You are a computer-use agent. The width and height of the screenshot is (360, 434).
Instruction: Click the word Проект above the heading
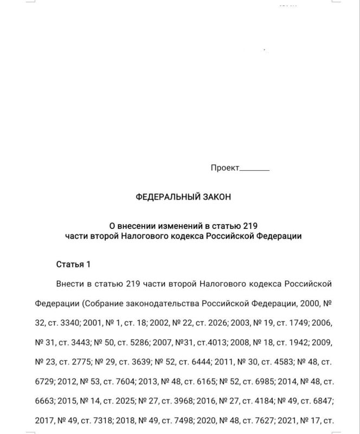pos(224,168)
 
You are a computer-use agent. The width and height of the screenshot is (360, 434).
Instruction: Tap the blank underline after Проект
pos(254,169)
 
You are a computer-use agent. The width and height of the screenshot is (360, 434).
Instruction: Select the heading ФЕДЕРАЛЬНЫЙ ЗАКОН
pos(183,197)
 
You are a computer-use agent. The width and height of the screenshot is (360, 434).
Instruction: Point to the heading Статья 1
pos(73,265)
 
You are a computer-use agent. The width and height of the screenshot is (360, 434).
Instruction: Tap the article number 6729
pos(45,381)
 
